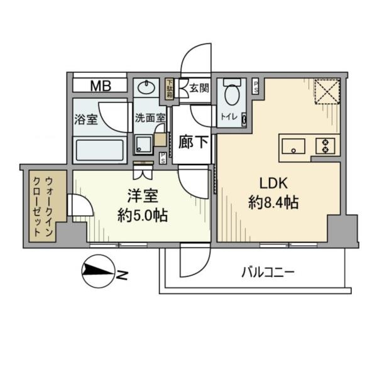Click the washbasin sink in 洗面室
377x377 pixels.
click(x=147, y=86)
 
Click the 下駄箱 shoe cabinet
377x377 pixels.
click(x=170, y=89)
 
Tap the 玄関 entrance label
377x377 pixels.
click(x=200, y=88)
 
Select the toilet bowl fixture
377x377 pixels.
click(x=232, y=93)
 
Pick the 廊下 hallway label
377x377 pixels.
click(x=195, y=142)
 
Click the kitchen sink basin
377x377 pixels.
click(x=293, y=146)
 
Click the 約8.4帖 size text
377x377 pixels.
click(x=273, y=203)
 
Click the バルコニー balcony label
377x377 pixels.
click(x=268, y=272)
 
